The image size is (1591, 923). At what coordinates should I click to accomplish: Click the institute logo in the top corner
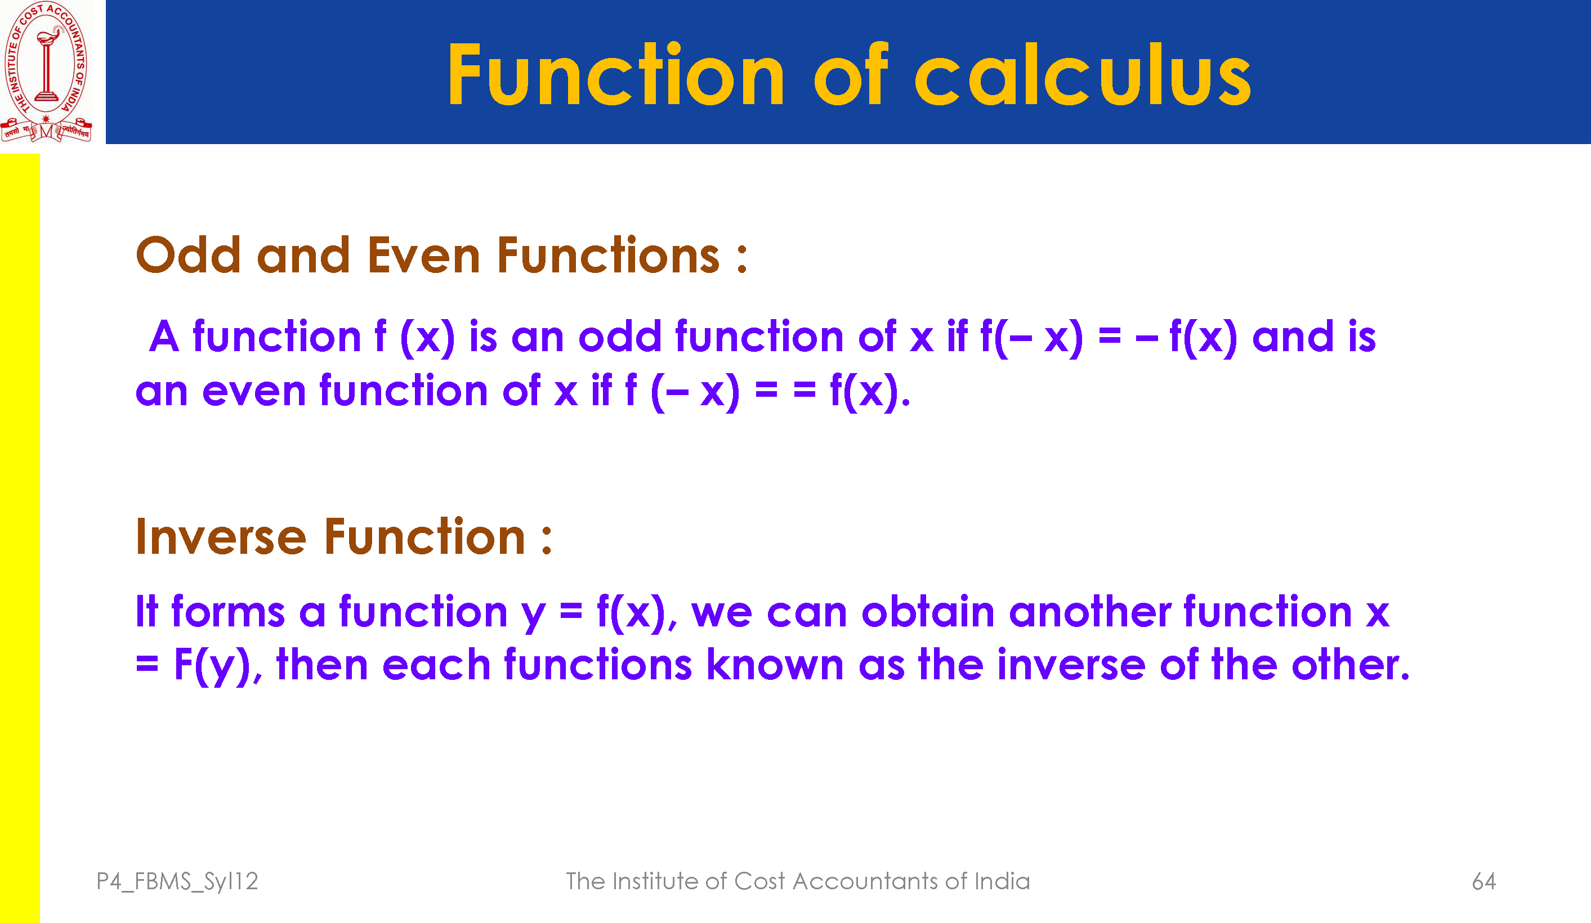46,71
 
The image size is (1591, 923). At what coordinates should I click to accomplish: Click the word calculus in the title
1082,74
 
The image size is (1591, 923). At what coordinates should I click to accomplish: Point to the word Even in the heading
423,255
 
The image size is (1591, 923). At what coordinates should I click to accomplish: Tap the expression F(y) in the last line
213,665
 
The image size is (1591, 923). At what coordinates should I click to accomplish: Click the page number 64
1483,881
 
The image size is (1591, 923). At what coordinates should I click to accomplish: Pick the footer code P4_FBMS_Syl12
177,881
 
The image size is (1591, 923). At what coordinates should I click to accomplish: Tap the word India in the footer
1002,881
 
